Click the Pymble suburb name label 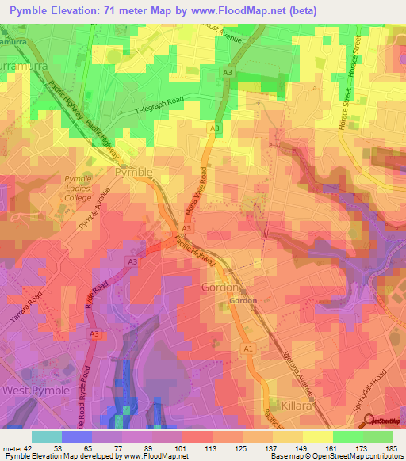point(133,172)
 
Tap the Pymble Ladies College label point(78,189)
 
